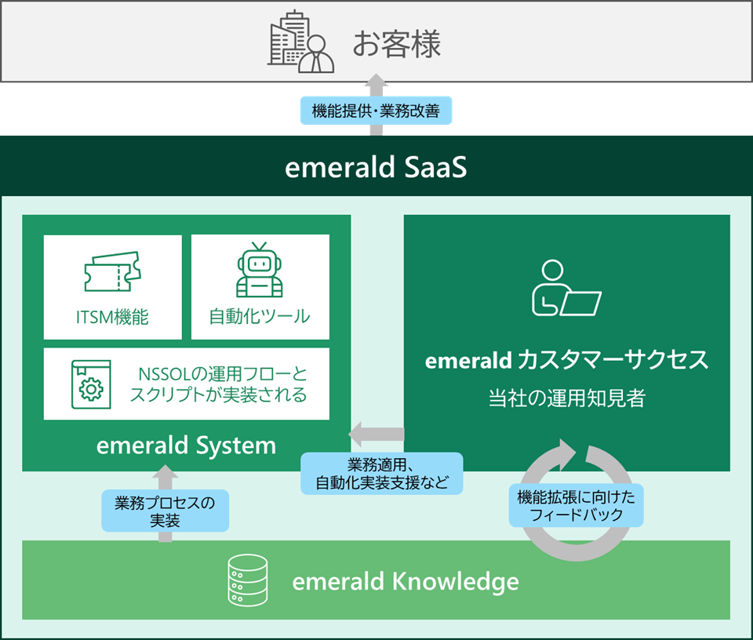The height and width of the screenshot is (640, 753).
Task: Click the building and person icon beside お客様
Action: pyautogui.click(x=300, y=42)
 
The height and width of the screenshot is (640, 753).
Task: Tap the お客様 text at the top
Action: pyautogui.click(x=397, y=44)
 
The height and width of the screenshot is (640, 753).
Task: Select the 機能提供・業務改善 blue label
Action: pyautogui.click(x=376, y=111)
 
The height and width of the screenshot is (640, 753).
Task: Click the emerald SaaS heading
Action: pyautogui.click(x=376, y=167)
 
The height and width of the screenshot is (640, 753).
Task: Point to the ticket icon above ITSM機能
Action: pyautogui.click(x=113, y=271)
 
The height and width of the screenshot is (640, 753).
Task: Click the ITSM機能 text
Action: pyautogui.click(x=112, y=317)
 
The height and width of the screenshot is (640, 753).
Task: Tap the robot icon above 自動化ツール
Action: pyautogui.click(x=260, y=270)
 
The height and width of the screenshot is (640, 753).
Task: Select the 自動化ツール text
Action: pyautogui.click(x=260, y=316)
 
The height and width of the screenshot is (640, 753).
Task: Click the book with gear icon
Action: pyautogui.click(x=91, y=384)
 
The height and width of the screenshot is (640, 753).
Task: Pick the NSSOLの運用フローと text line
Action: pyautogui.click(x=222, y=373)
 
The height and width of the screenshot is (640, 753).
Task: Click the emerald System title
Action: pyautogui.click(x=187, y=445)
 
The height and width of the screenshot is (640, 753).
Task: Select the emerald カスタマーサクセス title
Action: pyautogui.click(x=566, y=360)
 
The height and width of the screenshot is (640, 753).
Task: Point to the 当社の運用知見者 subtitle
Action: pyautogui.click(x=566, y=398)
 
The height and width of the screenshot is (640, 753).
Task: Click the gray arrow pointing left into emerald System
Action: pyautogui.click(x=376, y=435)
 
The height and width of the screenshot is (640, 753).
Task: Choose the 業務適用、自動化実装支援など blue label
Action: pyautogui.click(x=382, y=474)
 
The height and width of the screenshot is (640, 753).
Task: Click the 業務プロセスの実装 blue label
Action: pyautogui.click(x=166, y=511)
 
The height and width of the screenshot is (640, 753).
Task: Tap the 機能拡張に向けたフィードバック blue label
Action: pyautogui.click(x=577, y=506)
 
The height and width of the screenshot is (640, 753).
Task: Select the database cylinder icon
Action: pyautogui.click(x=248, y=580)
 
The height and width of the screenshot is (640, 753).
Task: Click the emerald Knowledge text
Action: pyautogui.click(x=406, y=581)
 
